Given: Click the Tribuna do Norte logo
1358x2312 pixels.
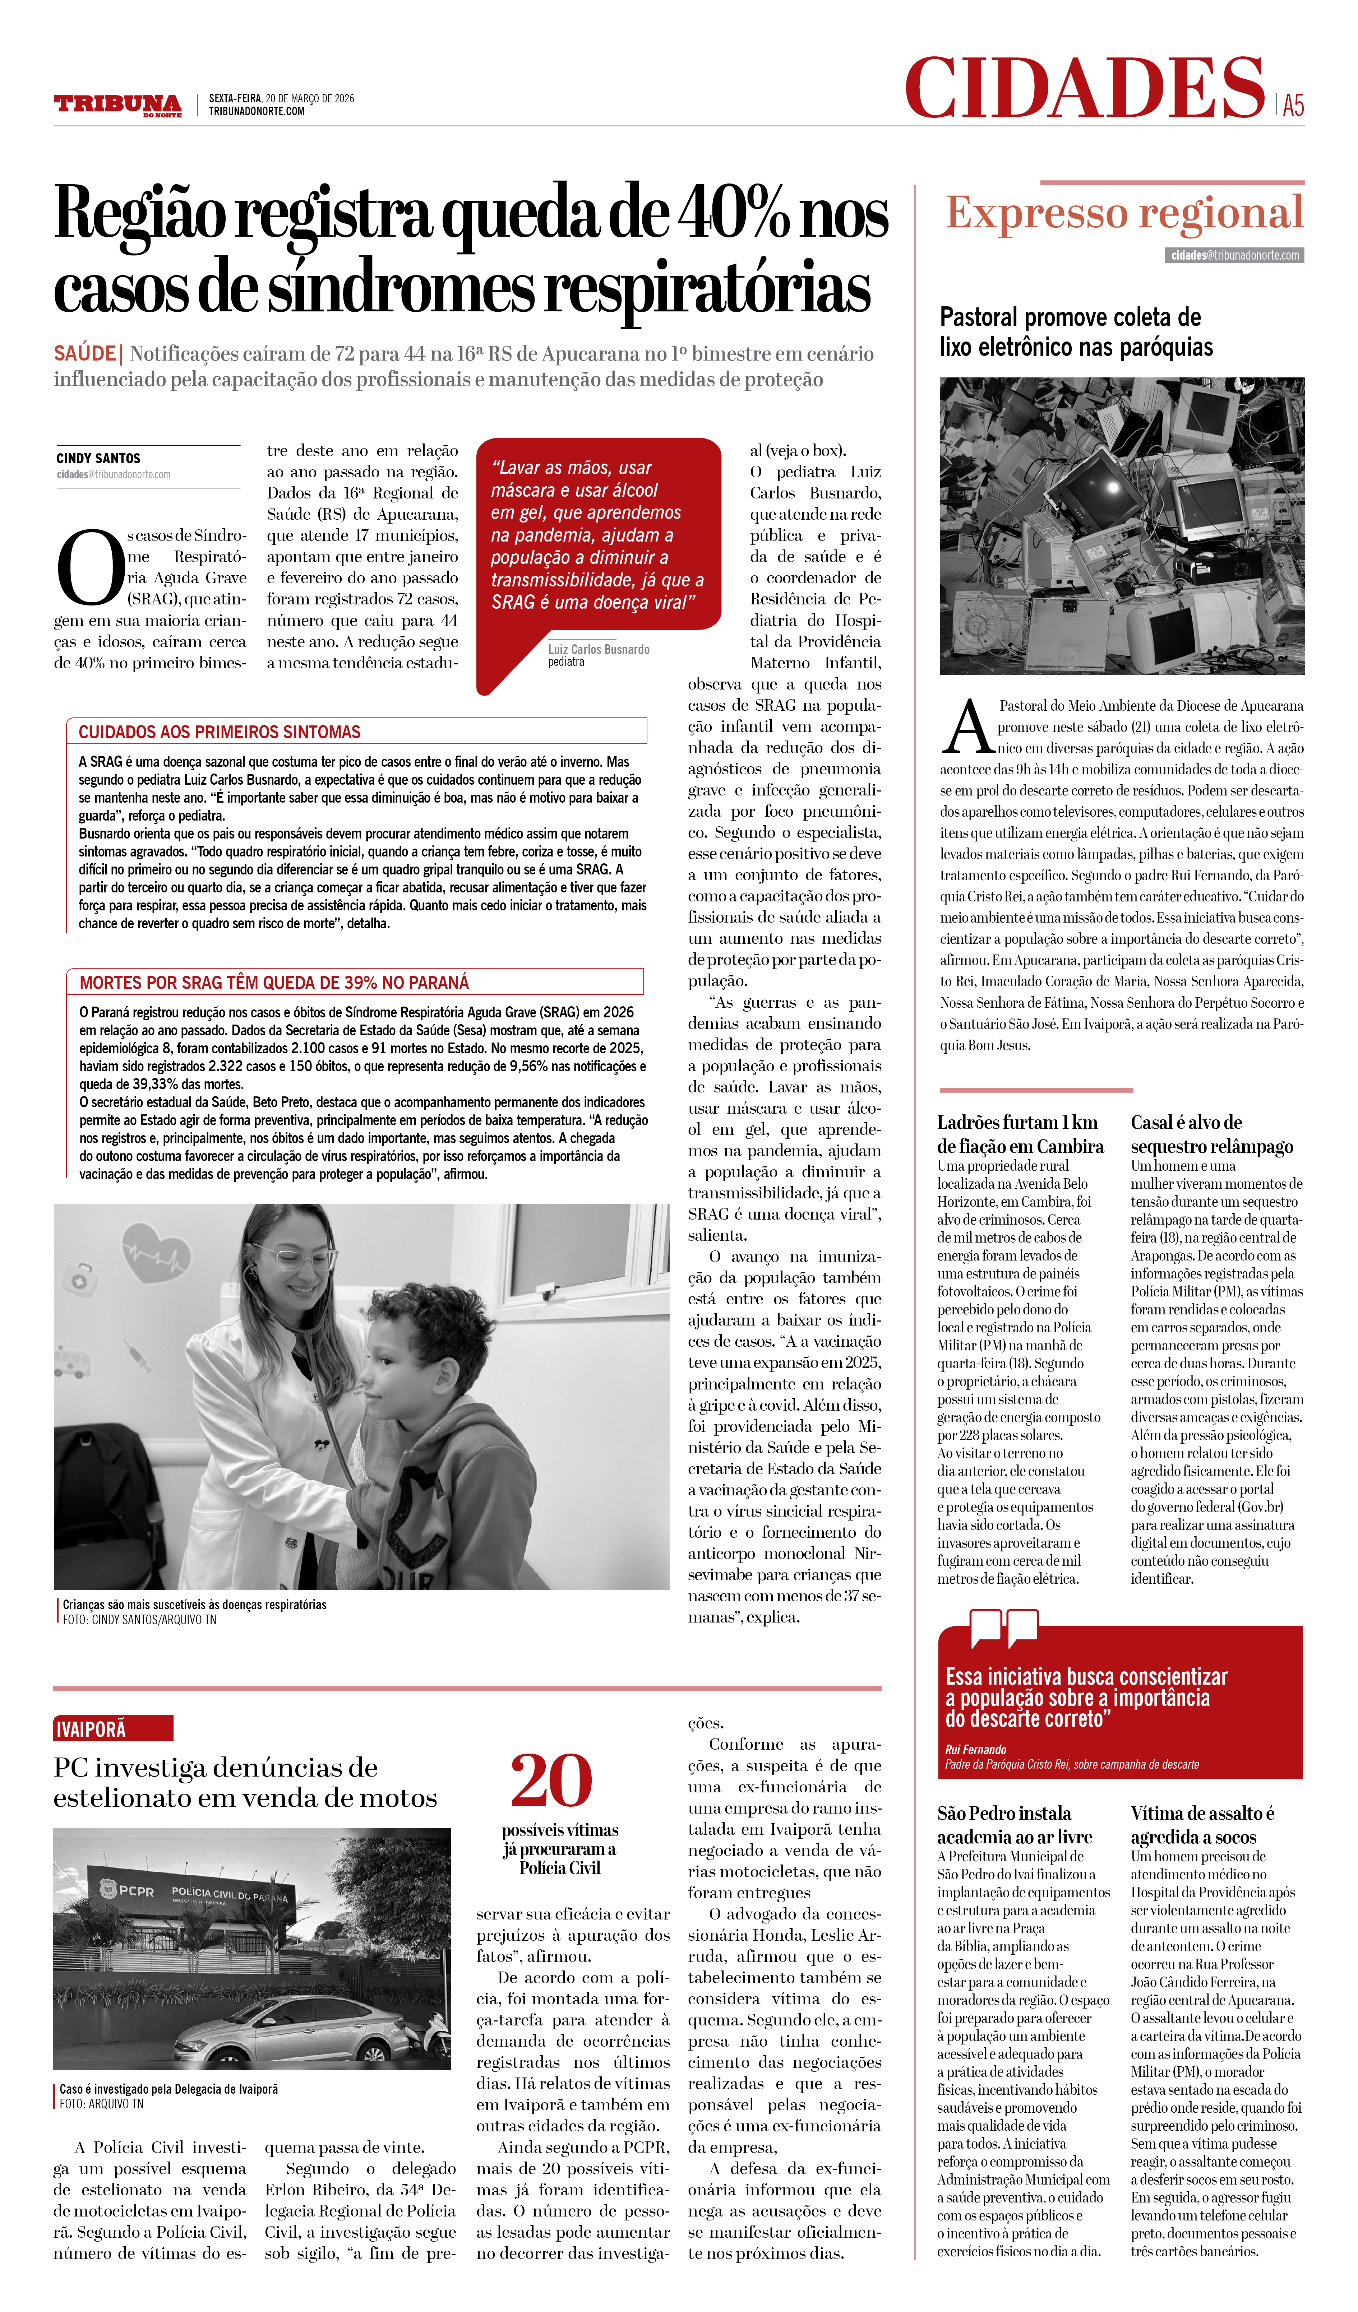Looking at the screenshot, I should pos(117,105).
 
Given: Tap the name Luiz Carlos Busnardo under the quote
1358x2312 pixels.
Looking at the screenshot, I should pos(598,650).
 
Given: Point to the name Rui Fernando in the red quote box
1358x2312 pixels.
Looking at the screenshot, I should pos(975,1750).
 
